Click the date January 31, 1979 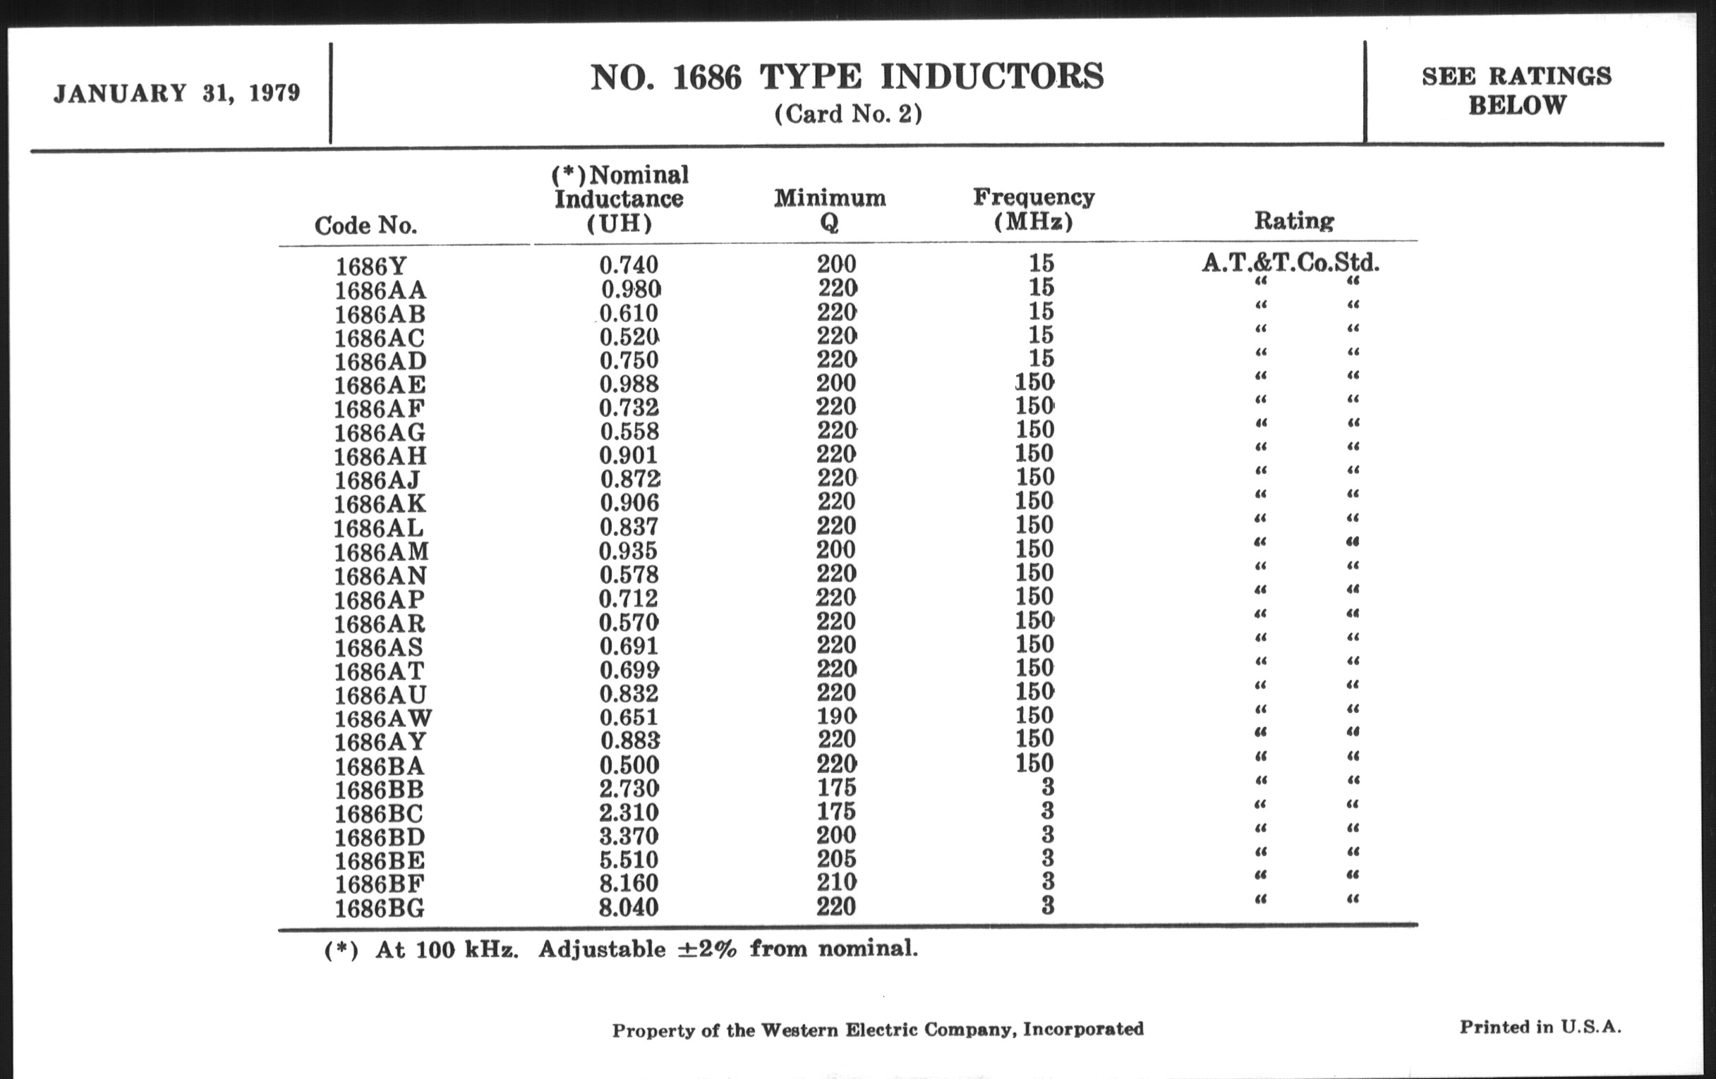[176, 93]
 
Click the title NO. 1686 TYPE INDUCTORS [847, 78]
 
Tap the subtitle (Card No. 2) [848, 114]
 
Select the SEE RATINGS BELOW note [1516, 90]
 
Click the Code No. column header [365, 226]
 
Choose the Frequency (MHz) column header [1034, 209]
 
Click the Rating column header [1293, 221]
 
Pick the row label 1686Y [370, 267]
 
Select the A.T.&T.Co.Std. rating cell [1291, 264]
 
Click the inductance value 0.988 [629, 384]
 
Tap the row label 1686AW [383, 718]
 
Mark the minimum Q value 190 [837, 716]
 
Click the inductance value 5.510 [629, 860]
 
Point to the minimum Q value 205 [837, 859]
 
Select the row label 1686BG [380, 909]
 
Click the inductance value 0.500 [629, 765]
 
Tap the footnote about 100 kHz [621, 949]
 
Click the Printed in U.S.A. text [1540, 1027]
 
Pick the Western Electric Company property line [878, 1030]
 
